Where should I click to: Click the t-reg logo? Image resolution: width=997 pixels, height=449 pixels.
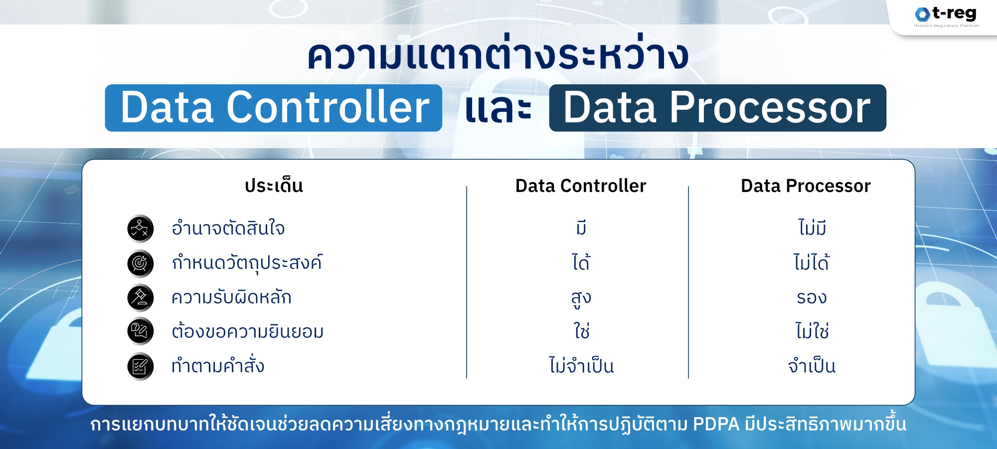point(946,15)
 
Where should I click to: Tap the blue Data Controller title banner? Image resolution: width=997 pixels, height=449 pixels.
point(274,108)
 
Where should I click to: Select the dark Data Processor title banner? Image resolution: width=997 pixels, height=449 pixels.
point(717,108)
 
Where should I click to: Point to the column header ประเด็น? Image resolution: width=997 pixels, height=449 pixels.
point(274,186)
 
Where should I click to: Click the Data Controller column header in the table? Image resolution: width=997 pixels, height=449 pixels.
point(581,186)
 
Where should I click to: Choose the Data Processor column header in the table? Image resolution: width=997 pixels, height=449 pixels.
point(806,186)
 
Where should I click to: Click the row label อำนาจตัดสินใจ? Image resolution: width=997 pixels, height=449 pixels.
point(228,228)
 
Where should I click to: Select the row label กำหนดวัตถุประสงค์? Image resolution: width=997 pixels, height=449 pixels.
point(247,263)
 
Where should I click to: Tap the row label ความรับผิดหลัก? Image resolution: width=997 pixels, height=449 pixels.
point(231,297)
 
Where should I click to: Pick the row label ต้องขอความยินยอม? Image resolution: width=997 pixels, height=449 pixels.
point(247,332)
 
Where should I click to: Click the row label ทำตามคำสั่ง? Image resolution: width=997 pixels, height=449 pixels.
point(218,366)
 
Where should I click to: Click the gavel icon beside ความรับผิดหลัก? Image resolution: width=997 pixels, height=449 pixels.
point(140,297)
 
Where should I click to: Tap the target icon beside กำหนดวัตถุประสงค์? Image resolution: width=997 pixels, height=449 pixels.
point(140,263)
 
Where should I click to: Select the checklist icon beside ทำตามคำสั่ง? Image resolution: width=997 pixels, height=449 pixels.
point(140,366)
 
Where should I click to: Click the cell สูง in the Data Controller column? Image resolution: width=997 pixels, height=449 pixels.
point(581,298)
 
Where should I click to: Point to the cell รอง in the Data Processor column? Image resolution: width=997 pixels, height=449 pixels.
point(812,298)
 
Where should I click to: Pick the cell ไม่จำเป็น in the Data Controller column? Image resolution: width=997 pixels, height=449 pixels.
point(581,366)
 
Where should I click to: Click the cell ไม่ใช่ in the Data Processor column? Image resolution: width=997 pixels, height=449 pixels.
point(812,331)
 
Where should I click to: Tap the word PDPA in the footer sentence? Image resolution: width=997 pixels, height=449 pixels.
point(716,425)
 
